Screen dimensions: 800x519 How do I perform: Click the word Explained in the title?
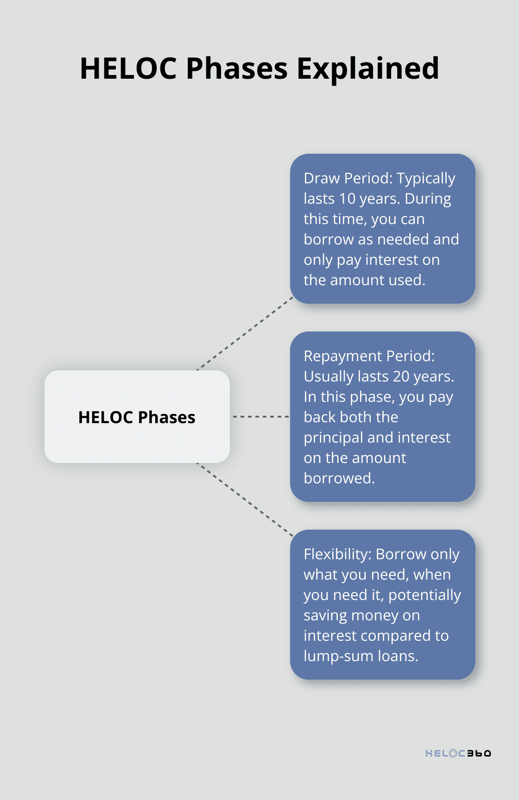[367, 69]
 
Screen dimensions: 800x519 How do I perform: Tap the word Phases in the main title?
[237, 69]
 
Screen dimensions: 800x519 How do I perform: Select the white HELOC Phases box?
[137, 417]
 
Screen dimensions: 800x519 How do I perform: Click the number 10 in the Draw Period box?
[347, 199]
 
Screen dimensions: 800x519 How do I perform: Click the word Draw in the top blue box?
[322, 178]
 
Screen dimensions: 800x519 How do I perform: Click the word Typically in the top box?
[426, 178]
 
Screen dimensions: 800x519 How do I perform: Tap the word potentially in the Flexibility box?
[424, 595]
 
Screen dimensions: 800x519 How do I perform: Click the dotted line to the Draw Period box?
[246, 333]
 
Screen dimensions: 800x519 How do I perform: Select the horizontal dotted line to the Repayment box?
[260, 417]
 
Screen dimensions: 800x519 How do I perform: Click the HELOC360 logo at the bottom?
[458, 753]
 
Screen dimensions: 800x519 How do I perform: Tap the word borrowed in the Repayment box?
[339, 478]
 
